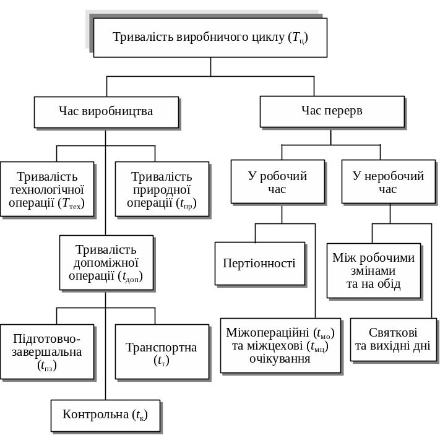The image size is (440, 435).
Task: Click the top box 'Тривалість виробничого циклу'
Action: point(210,37)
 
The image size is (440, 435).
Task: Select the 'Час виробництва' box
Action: point(106,111)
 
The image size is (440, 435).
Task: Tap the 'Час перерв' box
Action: point(332,111)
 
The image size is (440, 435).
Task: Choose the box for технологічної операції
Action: point(47,189)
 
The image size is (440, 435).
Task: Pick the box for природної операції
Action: point(162,189)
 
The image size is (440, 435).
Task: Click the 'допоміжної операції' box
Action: point(106,263)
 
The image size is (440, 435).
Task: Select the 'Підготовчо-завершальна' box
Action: point(47,351)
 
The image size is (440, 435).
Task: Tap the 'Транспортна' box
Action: point(162,351)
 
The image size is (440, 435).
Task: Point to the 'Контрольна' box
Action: point(105,415)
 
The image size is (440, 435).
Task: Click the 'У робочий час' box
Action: point(277,181)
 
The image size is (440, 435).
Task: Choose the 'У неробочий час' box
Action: point(388,181)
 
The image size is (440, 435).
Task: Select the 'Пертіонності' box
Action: point(259,263)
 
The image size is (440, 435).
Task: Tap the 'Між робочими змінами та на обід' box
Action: point(374,270)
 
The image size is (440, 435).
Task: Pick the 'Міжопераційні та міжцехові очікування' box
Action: point(280,345)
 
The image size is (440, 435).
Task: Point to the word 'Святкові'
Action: point(393,332)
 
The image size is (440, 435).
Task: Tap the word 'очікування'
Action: point(280,358)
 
